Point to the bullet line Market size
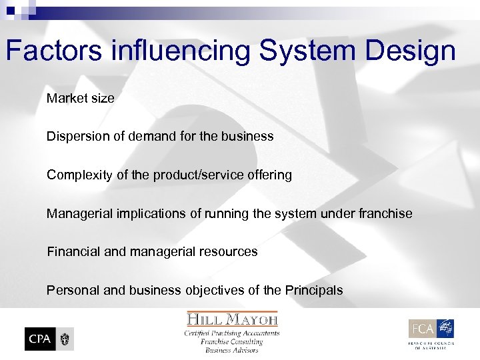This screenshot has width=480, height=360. coord(81,98)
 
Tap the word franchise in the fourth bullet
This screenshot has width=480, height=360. coord(386,213)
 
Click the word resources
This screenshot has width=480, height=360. coord(229,251)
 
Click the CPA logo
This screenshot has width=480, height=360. coord(49,339)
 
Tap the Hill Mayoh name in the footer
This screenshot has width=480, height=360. coord(232,319)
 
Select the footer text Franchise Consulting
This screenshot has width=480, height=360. coord(232,341)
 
